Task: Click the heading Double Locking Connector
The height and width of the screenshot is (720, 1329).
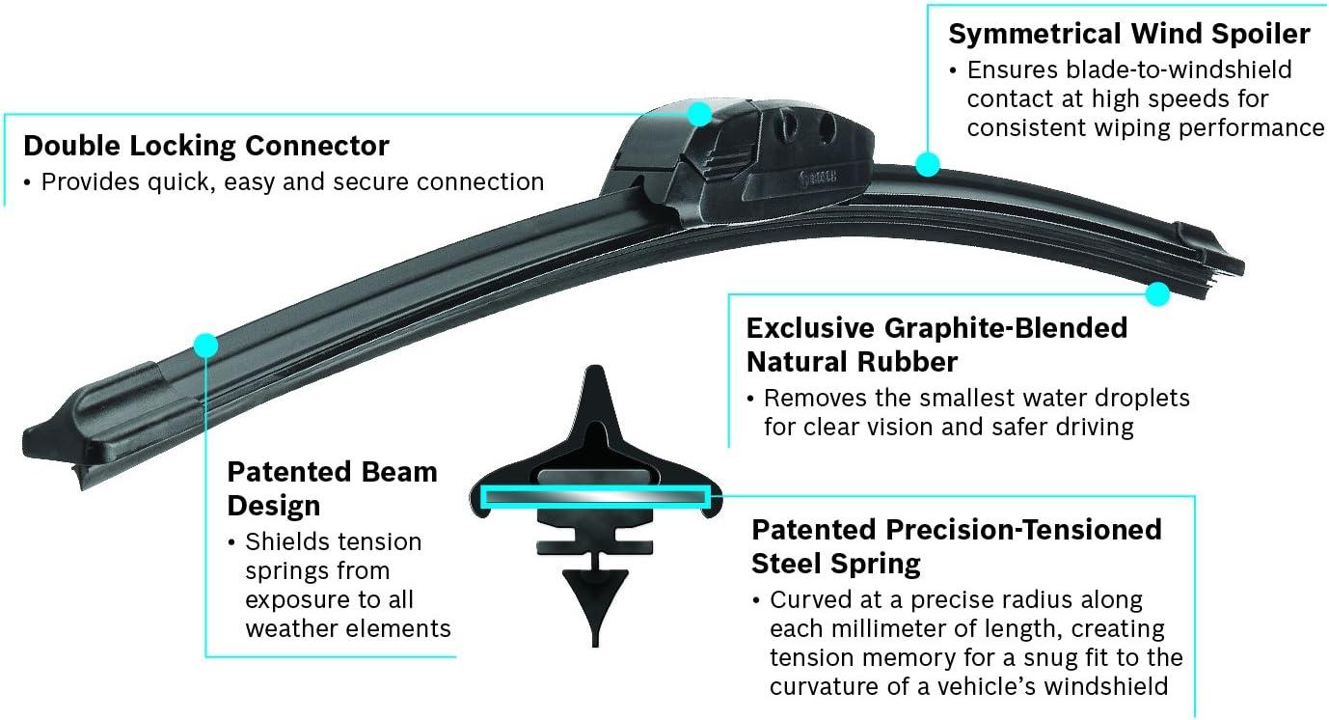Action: [206, 147]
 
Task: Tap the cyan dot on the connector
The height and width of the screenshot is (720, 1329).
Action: [699, 115]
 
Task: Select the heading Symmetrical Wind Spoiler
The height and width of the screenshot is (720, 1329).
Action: [1129, 35]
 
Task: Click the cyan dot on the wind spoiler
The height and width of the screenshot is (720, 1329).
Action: [927, 164]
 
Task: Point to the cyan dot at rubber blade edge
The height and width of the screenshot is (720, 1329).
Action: [1158, 293]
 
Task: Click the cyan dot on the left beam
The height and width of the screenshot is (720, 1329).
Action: [205, 345]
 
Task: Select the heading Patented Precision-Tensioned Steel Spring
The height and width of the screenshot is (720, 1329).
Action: [957, 545]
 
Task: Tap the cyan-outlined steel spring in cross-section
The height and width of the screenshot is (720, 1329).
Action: [595, 497]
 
